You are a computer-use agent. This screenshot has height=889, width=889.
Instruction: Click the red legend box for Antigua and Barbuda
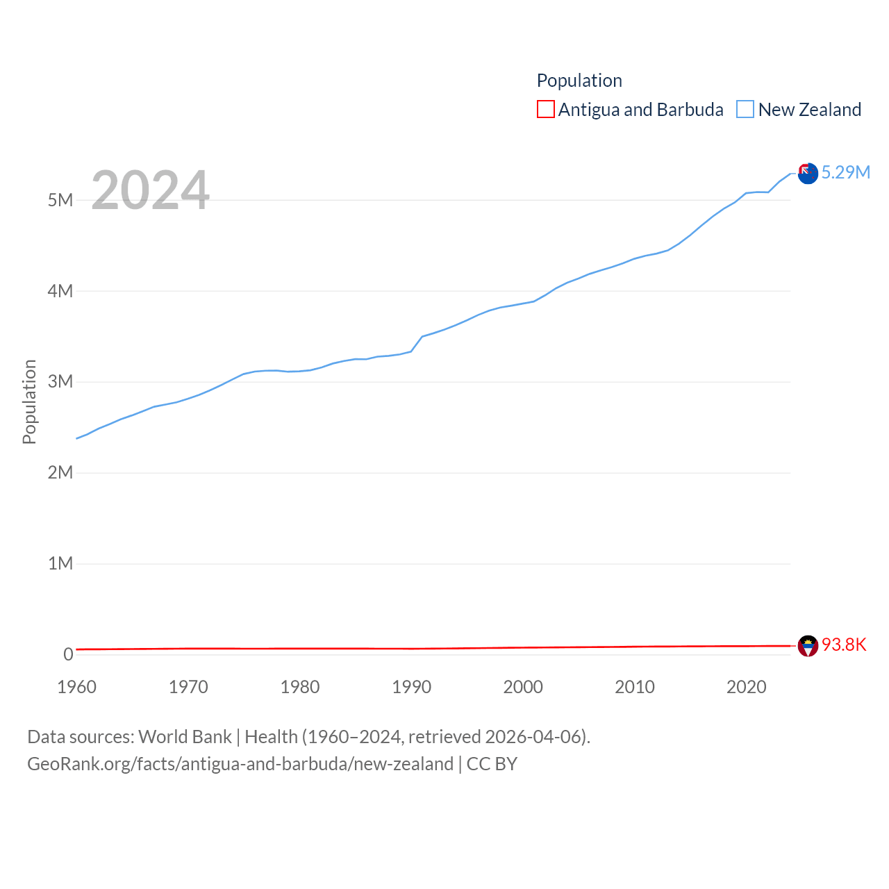click(546, 110)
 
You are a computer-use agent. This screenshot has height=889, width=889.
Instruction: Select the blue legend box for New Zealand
click(745, 110)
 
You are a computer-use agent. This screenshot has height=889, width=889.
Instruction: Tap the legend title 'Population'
click(579, 81)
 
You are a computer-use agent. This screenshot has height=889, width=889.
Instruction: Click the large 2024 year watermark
click(150, 190)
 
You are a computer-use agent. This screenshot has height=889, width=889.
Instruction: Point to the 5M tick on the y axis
click(60, 201)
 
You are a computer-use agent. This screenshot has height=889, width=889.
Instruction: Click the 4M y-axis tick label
click(60, 291)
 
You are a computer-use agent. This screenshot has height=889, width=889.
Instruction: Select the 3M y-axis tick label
click(60, 382)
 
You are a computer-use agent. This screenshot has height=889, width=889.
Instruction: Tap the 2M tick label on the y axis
click(60, 473)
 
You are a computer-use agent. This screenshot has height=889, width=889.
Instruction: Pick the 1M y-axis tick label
click(60, 563)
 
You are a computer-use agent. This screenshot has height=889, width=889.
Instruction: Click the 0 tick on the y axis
click(68, 654)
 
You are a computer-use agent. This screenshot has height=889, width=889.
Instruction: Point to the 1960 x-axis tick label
click(77, 688)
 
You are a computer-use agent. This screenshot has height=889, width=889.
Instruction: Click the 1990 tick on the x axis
click(412, 688)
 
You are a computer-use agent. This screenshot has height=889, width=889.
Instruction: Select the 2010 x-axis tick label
click(635, 688)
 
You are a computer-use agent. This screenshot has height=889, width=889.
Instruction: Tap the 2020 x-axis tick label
click(747, 688)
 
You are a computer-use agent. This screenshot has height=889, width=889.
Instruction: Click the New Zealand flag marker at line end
click(808, 174)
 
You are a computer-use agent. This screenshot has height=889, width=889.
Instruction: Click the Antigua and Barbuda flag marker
click(808, 646)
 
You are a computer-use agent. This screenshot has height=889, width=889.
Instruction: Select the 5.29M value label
click(846, 173)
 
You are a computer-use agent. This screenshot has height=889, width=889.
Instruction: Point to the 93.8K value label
click(845, 645)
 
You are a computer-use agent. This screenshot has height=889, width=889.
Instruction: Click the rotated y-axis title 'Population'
click(29, 401)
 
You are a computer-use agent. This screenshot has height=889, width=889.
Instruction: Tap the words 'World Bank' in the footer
click(185, 737)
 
